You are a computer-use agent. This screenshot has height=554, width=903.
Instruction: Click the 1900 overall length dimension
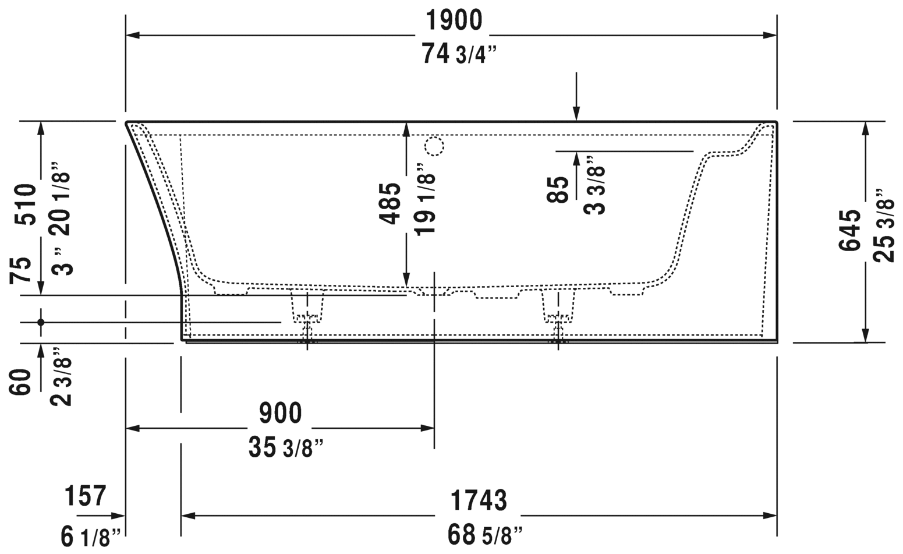click(x=454, y=21)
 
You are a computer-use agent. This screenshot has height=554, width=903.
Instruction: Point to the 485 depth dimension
click(x=390, y=203)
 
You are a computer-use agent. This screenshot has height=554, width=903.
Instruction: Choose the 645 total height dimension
click(x=850, y=230)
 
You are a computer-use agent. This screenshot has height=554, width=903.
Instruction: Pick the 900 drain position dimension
click(x=280, y=413)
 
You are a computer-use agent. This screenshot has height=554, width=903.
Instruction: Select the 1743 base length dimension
click(x=479, y=500)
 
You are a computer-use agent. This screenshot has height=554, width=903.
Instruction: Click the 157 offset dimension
click(x=86, y=496)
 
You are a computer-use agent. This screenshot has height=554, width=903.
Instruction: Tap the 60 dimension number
click(x=22, y=382)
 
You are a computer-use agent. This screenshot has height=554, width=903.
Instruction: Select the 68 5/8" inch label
click(x=485, y=534)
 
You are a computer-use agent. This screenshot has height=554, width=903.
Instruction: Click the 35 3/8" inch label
click(x=285, y=448)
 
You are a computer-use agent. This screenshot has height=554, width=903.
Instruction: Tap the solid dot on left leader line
click(x=41, y=322)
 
